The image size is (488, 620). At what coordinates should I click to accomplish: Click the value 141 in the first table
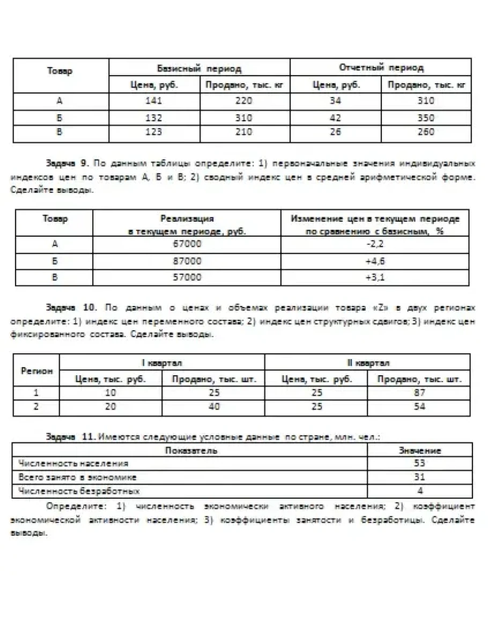click(153, 100)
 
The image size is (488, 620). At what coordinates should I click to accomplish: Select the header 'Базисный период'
click(199, 68)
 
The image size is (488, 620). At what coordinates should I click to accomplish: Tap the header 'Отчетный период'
click(381, 68)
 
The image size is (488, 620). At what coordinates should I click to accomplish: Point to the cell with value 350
click(426, 118)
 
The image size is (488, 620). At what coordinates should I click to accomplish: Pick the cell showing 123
click(153, 132)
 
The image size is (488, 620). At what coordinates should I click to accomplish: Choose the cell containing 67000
click(187, 245)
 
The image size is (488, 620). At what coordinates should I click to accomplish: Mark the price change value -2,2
click(375, 245)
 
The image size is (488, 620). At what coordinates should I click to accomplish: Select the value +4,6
click(375, 261)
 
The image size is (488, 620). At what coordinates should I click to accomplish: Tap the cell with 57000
click(187, 278)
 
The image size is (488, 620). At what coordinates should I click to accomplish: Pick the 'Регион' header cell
click(36, 370)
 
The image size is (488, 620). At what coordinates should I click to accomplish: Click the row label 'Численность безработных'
click(79, 491)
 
